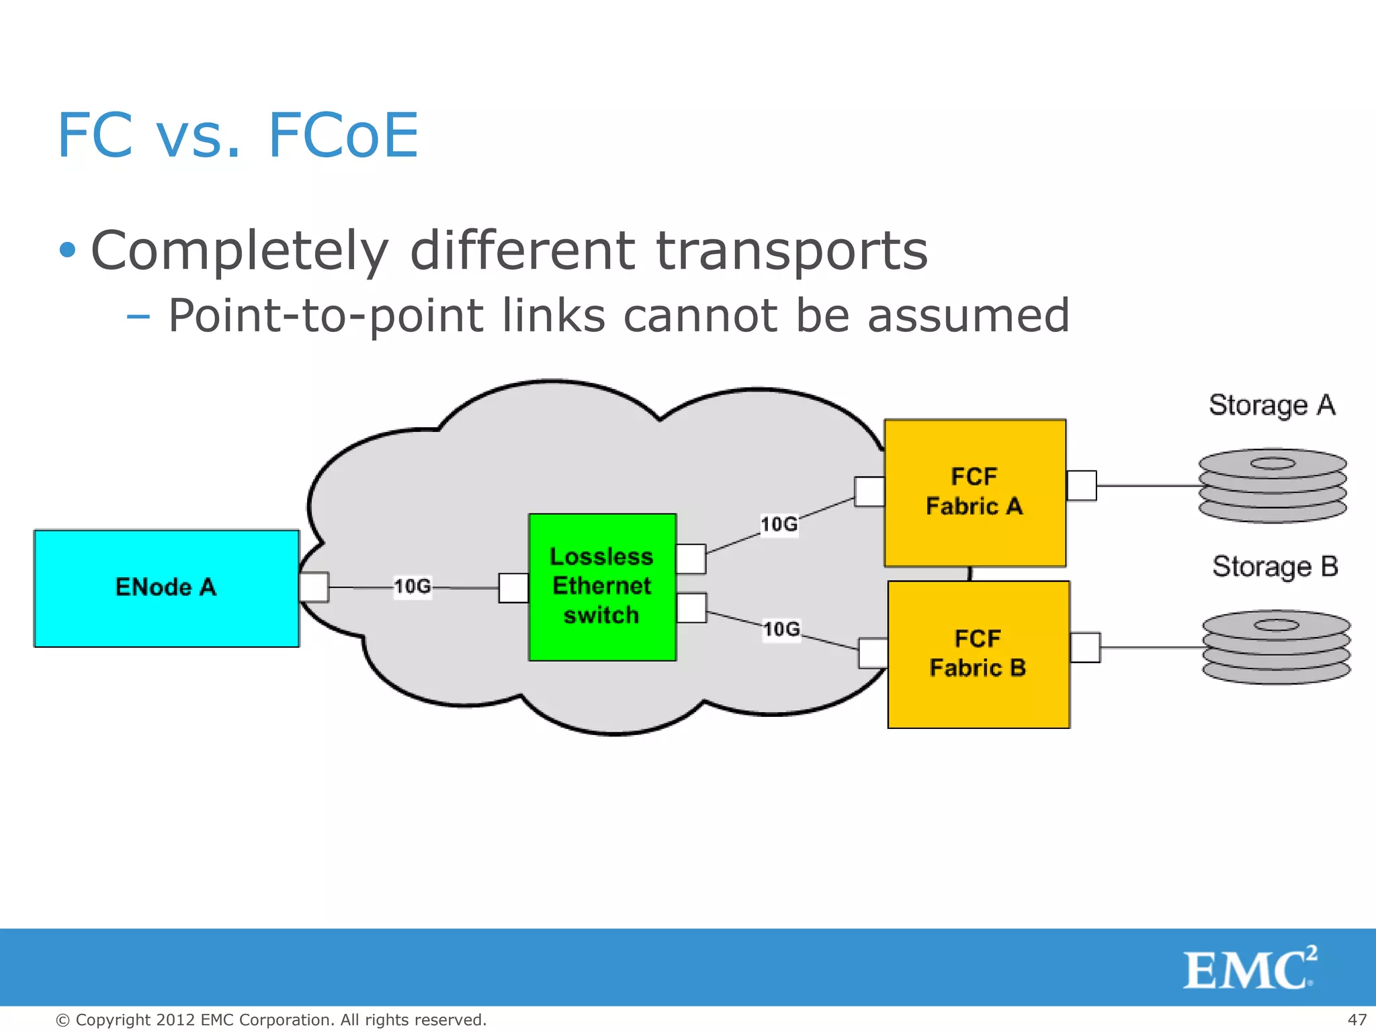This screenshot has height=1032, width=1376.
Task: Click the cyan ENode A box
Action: click(x=166, y=588)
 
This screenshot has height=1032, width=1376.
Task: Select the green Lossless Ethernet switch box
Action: click(x=602, y=587)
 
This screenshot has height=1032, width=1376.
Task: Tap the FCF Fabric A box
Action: click(x=974, y=492)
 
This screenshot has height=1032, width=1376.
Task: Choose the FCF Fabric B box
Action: click(x=978, y=654)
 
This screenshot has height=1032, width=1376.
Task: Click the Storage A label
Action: click(x=1272, y=405)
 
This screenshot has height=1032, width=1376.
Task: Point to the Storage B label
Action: click(x=1275, y=566)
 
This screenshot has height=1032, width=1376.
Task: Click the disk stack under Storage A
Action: click(x=1273, y=485)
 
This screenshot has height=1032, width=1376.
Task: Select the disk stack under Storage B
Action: click(x=1276, y=646)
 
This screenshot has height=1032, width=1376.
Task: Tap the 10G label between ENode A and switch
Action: click(x=413, y=587)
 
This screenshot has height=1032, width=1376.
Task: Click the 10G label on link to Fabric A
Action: click(x=779, y=524)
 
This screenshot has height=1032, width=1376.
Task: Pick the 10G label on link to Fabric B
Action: click(x=781, y=630)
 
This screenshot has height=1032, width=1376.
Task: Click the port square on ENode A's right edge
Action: click(x=314, y=587)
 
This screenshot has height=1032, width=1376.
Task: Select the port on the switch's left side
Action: click(x=513, y=588)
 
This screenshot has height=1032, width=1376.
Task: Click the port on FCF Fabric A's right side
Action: click(x=1082, y=486)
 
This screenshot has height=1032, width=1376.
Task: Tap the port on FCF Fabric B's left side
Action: click(x=873, y=653)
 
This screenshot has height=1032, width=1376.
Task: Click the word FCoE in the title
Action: click(x=343, y=136)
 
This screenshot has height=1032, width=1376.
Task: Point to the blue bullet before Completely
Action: click(x=67, y=251)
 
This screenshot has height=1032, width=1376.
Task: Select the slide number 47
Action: click(x=1357, y=1020)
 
